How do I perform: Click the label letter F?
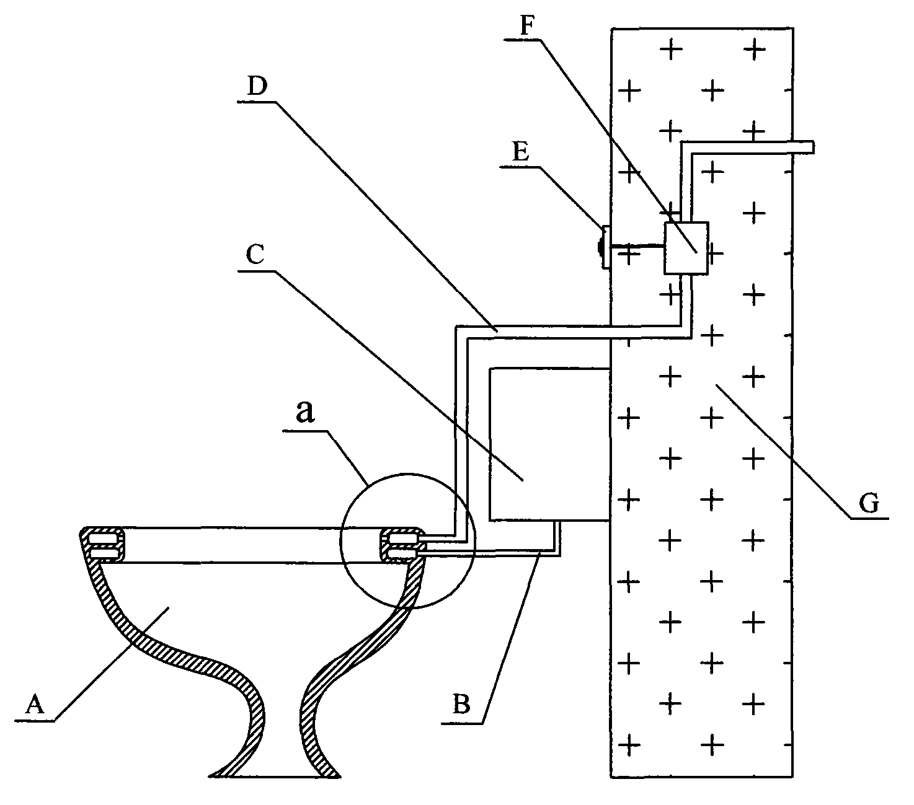527,26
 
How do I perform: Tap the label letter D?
257,86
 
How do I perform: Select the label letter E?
521,152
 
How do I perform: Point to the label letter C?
255,254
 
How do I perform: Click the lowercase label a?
306,411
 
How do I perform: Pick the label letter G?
869,503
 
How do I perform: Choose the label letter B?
461,704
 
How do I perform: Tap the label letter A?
35,705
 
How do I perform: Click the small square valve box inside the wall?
686,248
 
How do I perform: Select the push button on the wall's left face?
603,247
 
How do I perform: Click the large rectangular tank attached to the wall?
549,444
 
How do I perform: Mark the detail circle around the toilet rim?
407,541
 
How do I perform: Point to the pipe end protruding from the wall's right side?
804,147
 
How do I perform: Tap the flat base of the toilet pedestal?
274,776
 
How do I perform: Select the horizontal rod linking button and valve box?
637,246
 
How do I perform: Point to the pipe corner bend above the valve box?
686,148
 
